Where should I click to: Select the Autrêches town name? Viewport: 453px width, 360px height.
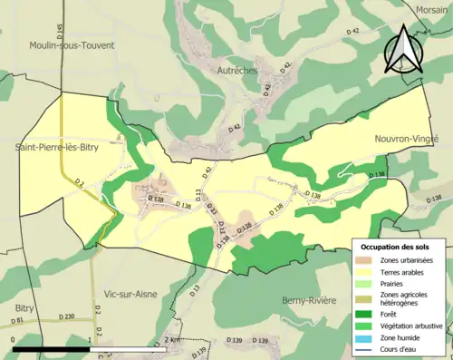point(237,70)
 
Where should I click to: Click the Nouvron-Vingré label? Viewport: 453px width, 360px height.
point(406,139)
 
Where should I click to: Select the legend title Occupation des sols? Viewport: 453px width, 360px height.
point(396,247)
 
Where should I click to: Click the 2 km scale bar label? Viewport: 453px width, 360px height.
point(174,339)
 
